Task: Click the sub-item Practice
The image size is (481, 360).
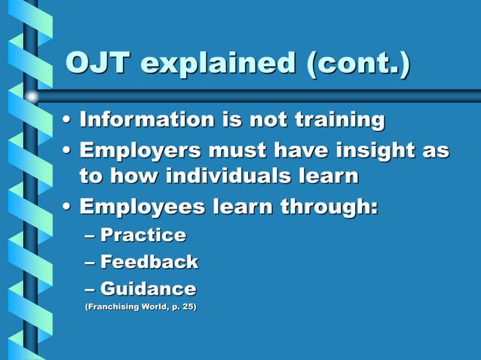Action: (143, 235)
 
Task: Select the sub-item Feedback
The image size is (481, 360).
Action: (149, 262)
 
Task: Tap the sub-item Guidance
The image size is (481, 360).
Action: (149, 288)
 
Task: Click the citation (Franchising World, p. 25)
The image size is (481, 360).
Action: (139, 307)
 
